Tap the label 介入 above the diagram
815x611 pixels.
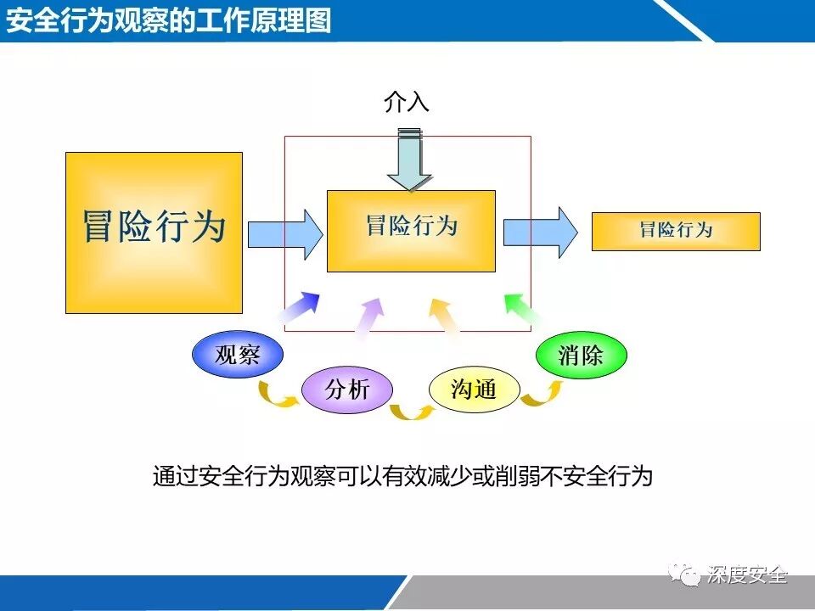[x=407, y=103]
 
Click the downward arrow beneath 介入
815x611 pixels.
[x=409, y=160]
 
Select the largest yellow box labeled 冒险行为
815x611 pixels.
[x=154, y=233]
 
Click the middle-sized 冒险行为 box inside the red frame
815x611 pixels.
[x=411, y=230]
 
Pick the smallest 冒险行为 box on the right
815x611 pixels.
[x=675, y=231]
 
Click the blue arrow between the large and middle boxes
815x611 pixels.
[x=285, y=231]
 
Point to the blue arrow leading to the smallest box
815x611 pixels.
[x=540, y=231]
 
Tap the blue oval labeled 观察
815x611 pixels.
[x=238, y=356]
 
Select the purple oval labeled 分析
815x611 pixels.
[x=347, y=390]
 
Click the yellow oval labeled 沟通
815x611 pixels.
[x=474, y=390]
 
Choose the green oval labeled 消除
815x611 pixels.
[x=581, y=356]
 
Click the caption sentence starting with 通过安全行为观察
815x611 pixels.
[x=402, y=476]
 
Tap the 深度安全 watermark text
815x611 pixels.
[x=747, y=576]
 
